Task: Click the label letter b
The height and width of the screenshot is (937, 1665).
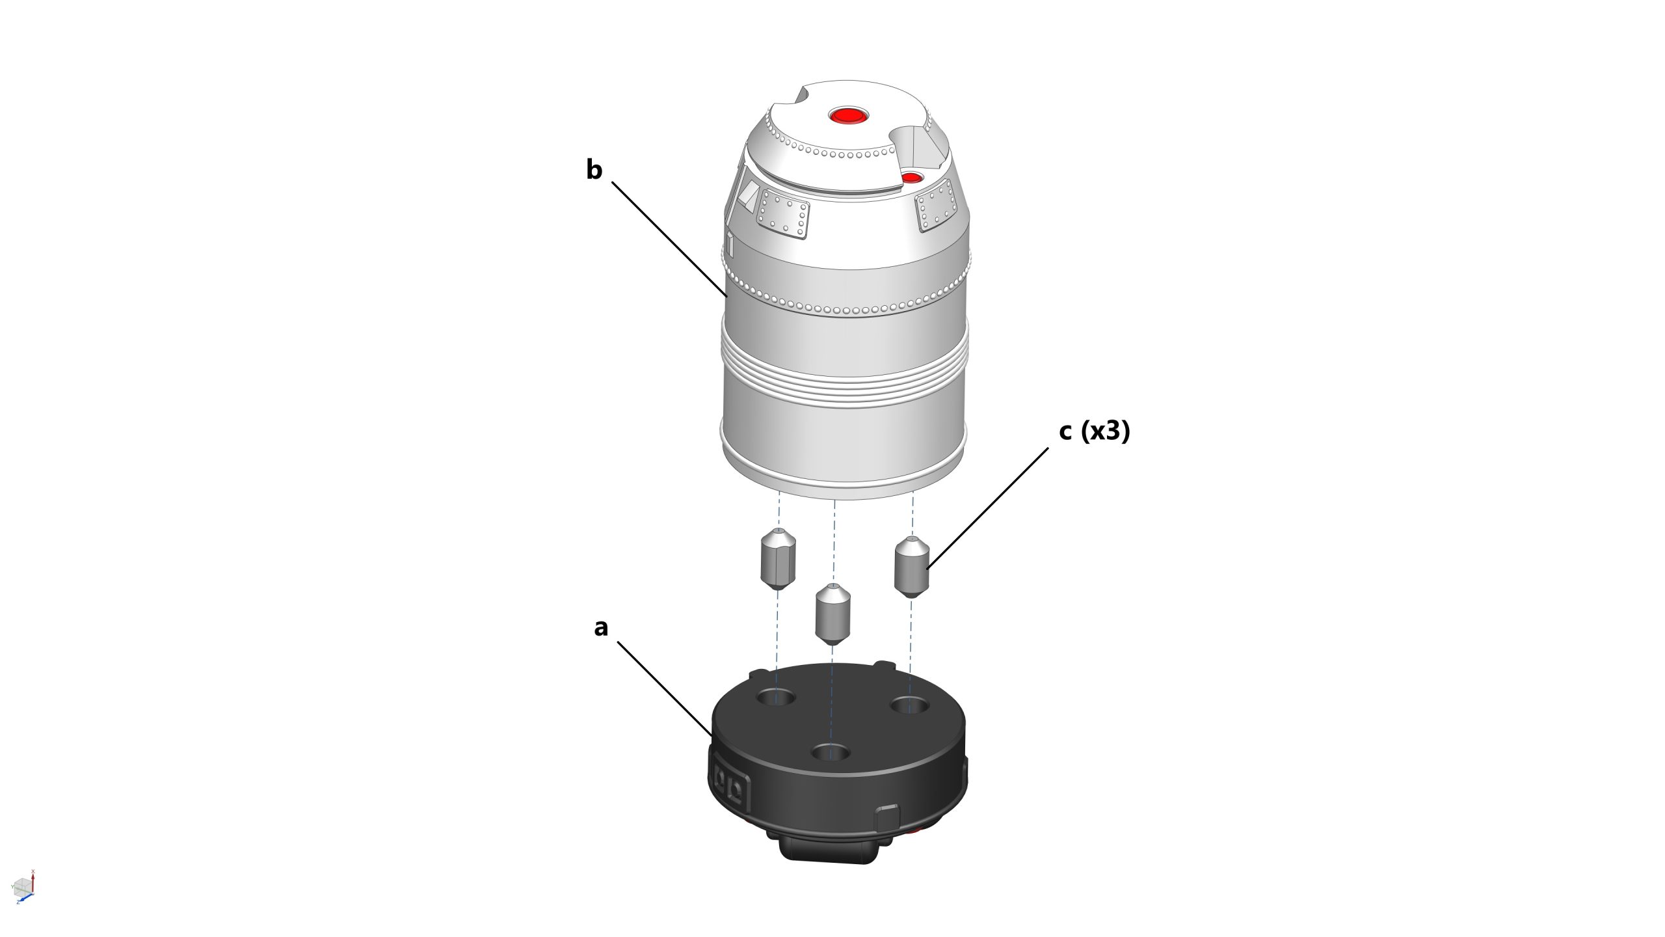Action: (594, 170)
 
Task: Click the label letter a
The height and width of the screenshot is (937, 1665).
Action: (601, 627)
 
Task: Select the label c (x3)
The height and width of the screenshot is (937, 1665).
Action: (1095, 431)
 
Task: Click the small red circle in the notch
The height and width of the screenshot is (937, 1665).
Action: (912, 178)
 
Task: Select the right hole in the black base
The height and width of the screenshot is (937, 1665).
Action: (909, 704)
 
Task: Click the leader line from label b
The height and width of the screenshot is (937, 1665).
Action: (670, 239)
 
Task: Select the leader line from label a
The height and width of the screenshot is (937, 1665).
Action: (665, 688)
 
